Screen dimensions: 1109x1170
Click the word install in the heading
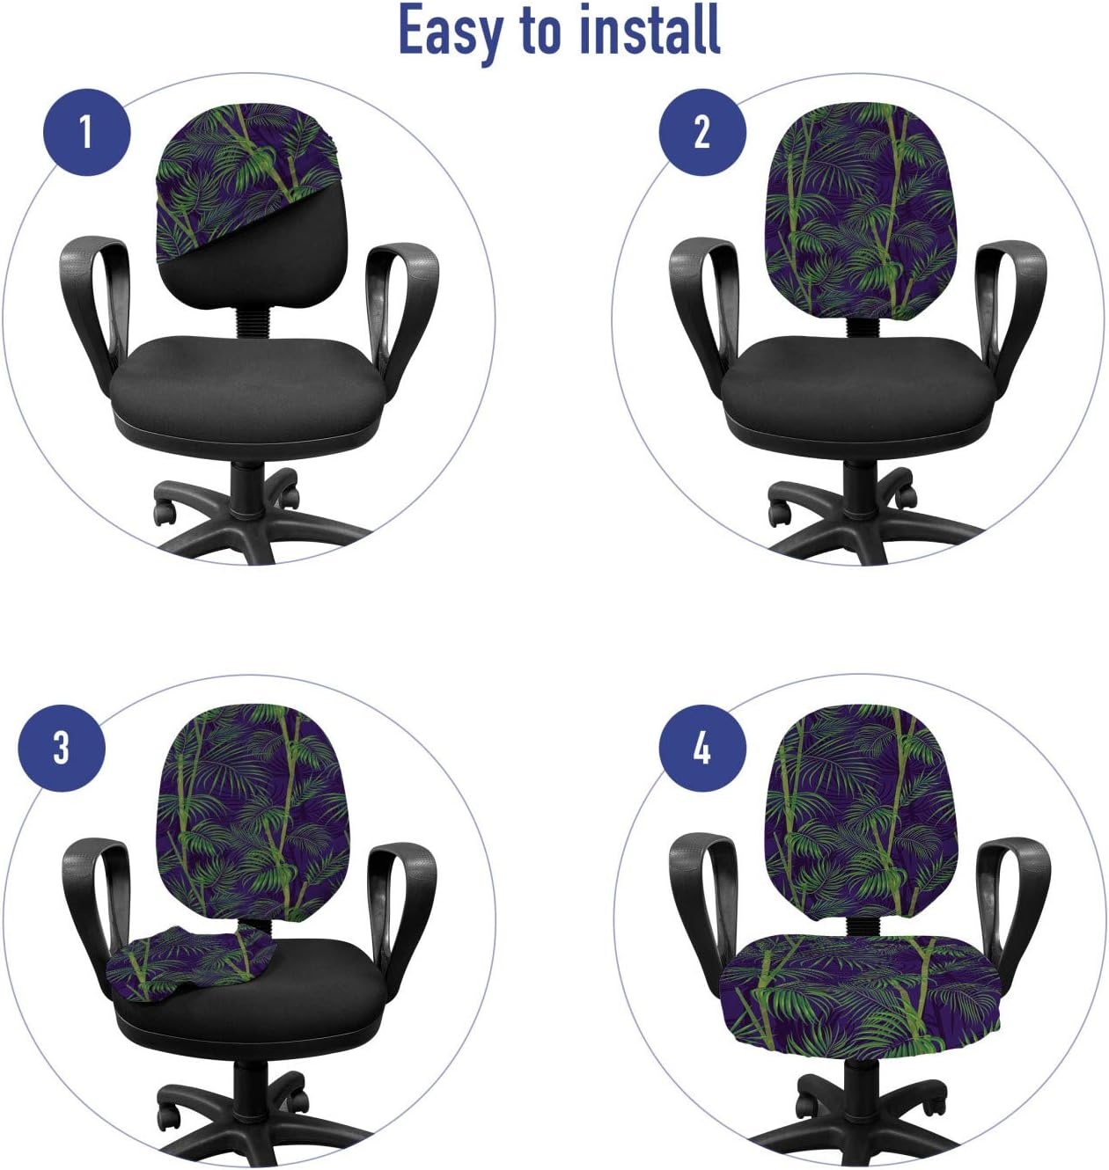[650, 29]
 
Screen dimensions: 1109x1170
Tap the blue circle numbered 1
[87, 132]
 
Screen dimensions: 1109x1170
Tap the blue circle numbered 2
[702, 132]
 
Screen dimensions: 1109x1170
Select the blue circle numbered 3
[62, 748]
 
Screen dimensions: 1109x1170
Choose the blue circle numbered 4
[702, 748]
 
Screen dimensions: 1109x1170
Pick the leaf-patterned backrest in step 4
[861, 812]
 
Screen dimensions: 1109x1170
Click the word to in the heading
[540, 31]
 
